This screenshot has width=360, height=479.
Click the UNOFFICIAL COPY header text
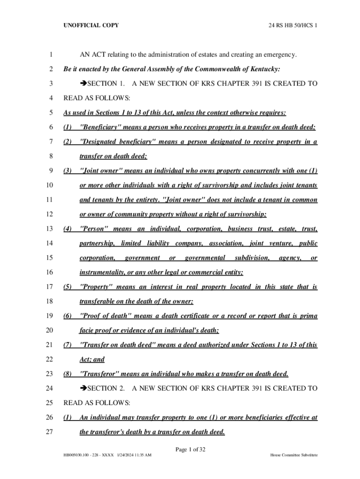click(x=91, y=25)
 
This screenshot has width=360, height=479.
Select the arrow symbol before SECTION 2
click(x=84, y=388)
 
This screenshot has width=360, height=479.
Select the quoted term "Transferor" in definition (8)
click(x=98, y=374)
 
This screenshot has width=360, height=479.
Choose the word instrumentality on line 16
click(x=100, y=272)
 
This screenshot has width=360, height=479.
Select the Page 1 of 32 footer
click(x=190, y=450)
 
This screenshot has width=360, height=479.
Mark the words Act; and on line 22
click(x=92, y=360)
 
